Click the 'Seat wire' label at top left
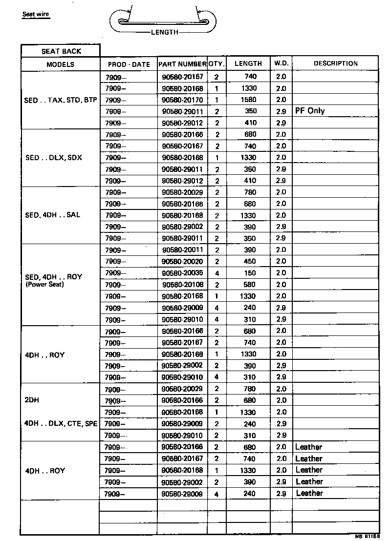point(37,14)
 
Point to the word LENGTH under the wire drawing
point(164,33)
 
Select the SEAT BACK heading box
point(61,51)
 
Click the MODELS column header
point(60,64)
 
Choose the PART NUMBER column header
point(182,64)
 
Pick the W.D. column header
point(281,63)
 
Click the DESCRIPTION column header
point(336,63)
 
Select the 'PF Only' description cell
point(310,111)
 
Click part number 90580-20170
point(182,100)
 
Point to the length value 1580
point(249,100)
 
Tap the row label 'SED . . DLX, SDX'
point(54,158)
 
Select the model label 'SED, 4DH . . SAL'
point(53,215)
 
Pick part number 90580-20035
point(182,273)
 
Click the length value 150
point(250,273)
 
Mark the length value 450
point(250,261)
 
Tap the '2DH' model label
point(32,400)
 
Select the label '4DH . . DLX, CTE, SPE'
point(61,423)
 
